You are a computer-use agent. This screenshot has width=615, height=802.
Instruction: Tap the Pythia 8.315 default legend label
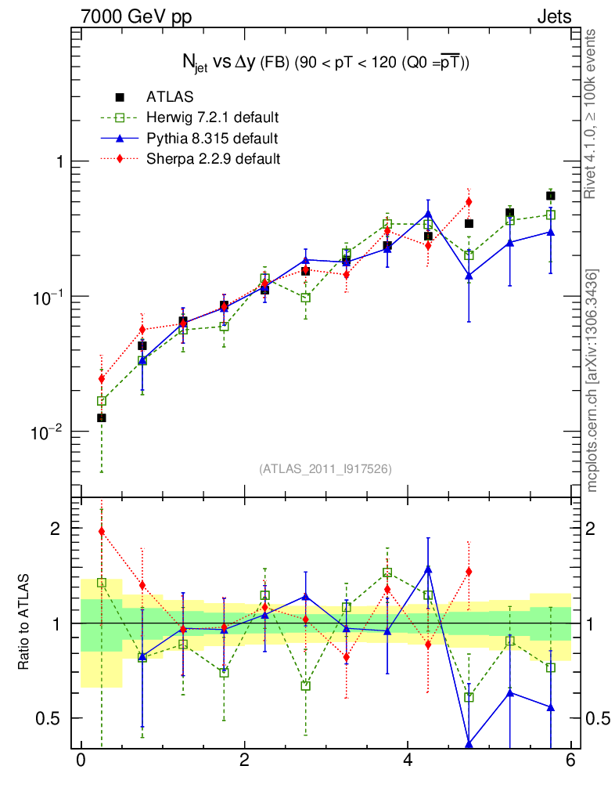coord(211,139)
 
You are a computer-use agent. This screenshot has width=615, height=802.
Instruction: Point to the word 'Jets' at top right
coord(553,16)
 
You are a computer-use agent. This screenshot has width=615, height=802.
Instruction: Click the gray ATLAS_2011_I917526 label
coord(325,468)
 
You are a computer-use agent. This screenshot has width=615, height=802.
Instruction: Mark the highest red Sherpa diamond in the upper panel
coord(469,202)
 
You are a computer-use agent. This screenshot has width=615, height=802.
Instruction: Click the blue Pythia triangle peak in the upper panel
coord(428,213)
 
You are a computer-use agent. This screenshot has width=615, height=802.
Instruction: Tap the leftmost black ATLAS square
coord(102,418)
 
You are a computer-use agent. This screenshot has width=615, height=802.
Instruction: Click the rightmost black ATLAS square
coord(551,196)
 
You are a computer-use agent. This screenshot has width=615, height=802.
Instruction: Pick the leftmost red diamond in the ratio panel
coord(102,531)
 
